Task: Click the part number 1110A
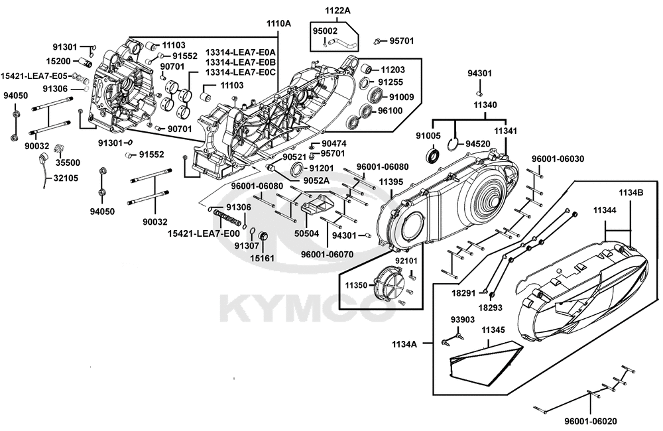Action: [279, 23]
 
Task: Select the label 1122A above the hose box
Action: [337, 11]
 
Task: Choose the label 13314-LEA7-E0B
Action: [241, 62]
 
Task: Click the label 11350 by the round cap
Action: [356, 284]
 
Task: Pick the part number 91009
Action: [402, 97]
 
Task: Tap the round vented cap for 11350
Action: [389, 283]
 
